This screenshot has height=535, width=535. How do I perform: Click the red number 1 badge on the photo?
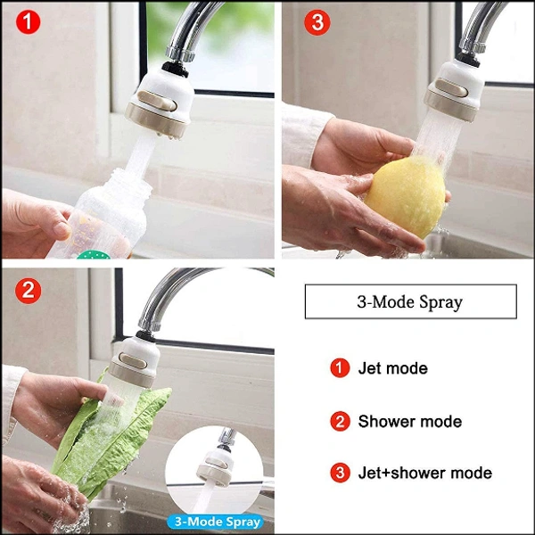pyautogui.click(x=28, y=22)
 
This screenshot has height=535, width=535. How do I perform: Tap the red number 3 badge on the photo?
pyautogui.click(x=317, y=22)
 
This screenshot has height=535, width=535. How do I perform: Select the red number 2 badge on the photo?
pyautogui.click(x=28, y=291)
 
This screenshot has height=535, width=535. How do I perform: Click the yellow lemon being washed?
pyautogui.click(x=406, y=195)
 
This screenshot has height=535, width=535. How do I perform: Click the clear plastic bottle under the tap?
pyautogui.click(x=103, y=215)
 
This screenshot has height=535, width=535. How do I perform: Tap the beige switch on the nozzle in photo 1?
pyautogui.click(x=157, y=101)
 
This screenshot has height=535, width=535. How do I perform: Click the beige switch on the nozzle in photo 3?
pyautogui.click(x=451, y=87)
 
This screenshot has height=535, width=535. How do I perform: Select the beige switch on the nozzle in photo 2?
pyautogui.click(x=133, y=361)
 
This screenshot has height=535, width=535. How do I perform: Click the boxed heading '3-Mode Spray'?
pyautogui.click(x=410, y=301)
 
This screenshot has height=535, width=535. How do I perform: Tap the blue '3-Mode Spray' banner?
pyautogui.click(x=216, y=522)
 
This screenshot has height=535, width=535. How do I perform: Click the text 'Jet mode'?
pyautogui.click(x=392, y=368)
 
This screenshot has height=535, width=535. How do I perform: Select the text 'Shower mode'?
pyautogui.click(x=410, y=422)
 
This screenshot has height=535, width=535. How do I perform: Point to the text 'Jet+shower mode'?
pyautogui.click(x=424, y=473)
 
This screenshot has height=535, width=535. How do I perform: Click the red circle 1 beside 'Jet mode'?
pyautogui.click(x=340, y=367)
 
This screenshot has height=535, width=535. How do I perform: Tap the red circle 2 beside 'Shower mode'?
pyautogui.click(x=340, y=421)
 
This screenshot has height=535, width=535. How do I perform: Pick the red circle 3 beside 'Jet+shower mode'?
pyautogui.click(x=340, y=473)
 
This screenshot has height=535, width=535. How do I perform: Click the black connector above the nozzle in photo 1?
pyautogui.click(x=175, y=69)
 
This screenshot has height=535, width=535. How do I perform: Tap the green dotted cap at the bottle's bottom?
pyautogui.click(x=94, y=254)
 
